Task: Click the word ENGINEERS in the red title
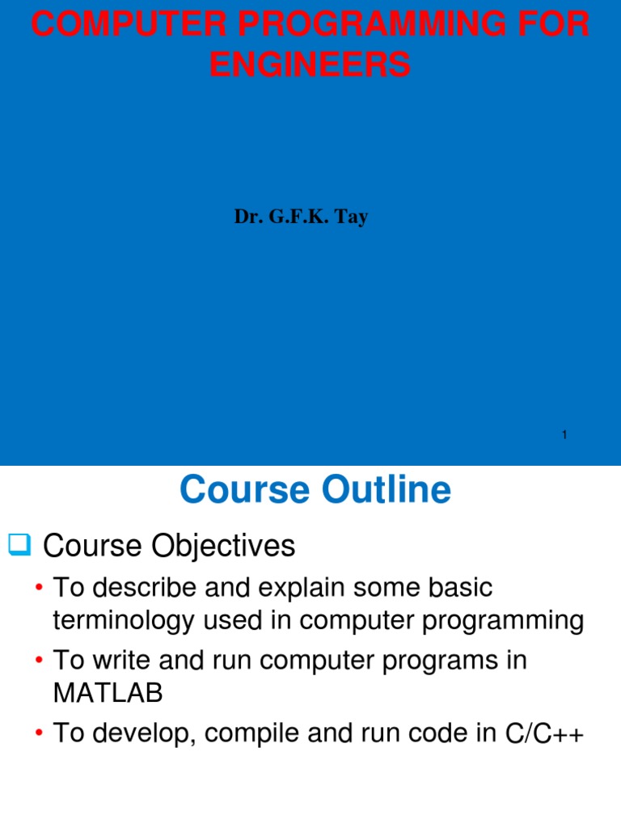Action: coord(310,64)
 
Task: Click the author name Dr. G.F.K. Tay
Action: coord(301,217)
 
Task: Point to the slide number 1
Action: coord(564,436)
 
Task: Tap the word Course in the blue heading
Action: coord(235,490)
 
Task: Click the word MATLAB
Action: coord(108,694)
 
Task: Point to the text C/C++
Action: coord(543,734)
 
